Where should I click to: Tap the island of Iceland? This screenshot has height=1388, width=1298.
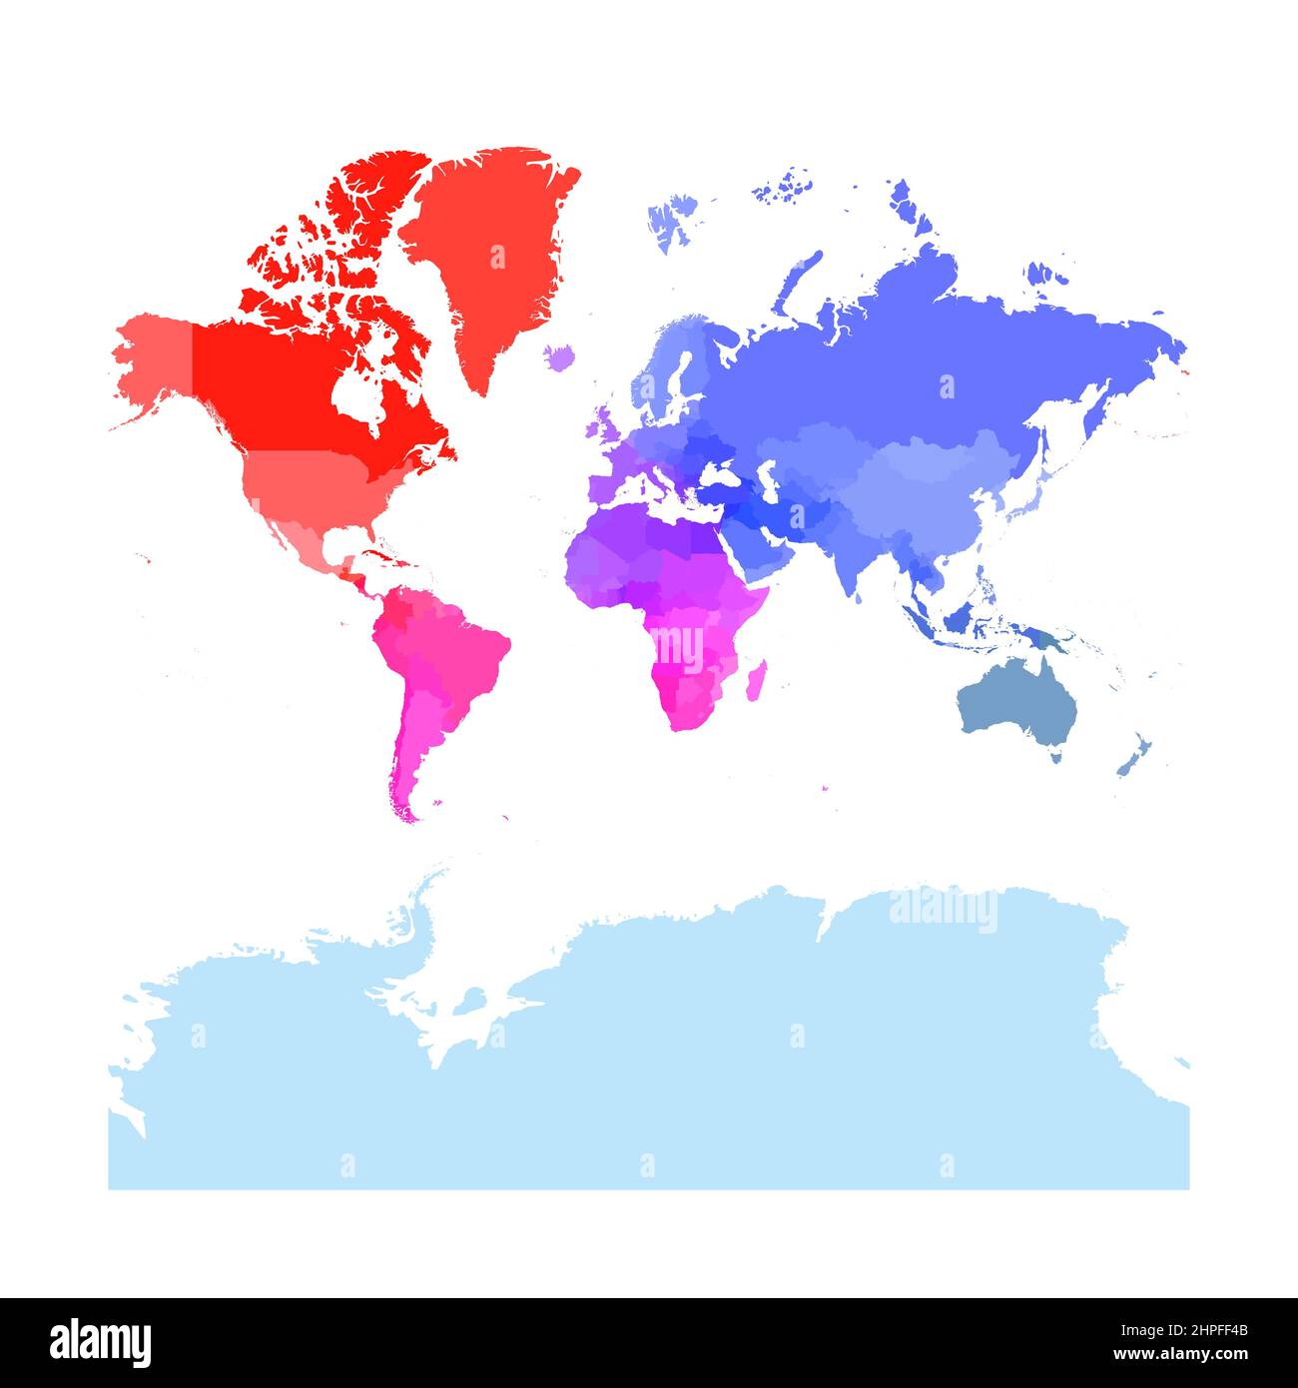561,356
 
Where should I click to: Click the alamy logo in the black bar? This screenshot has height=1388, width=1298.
100,1342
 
